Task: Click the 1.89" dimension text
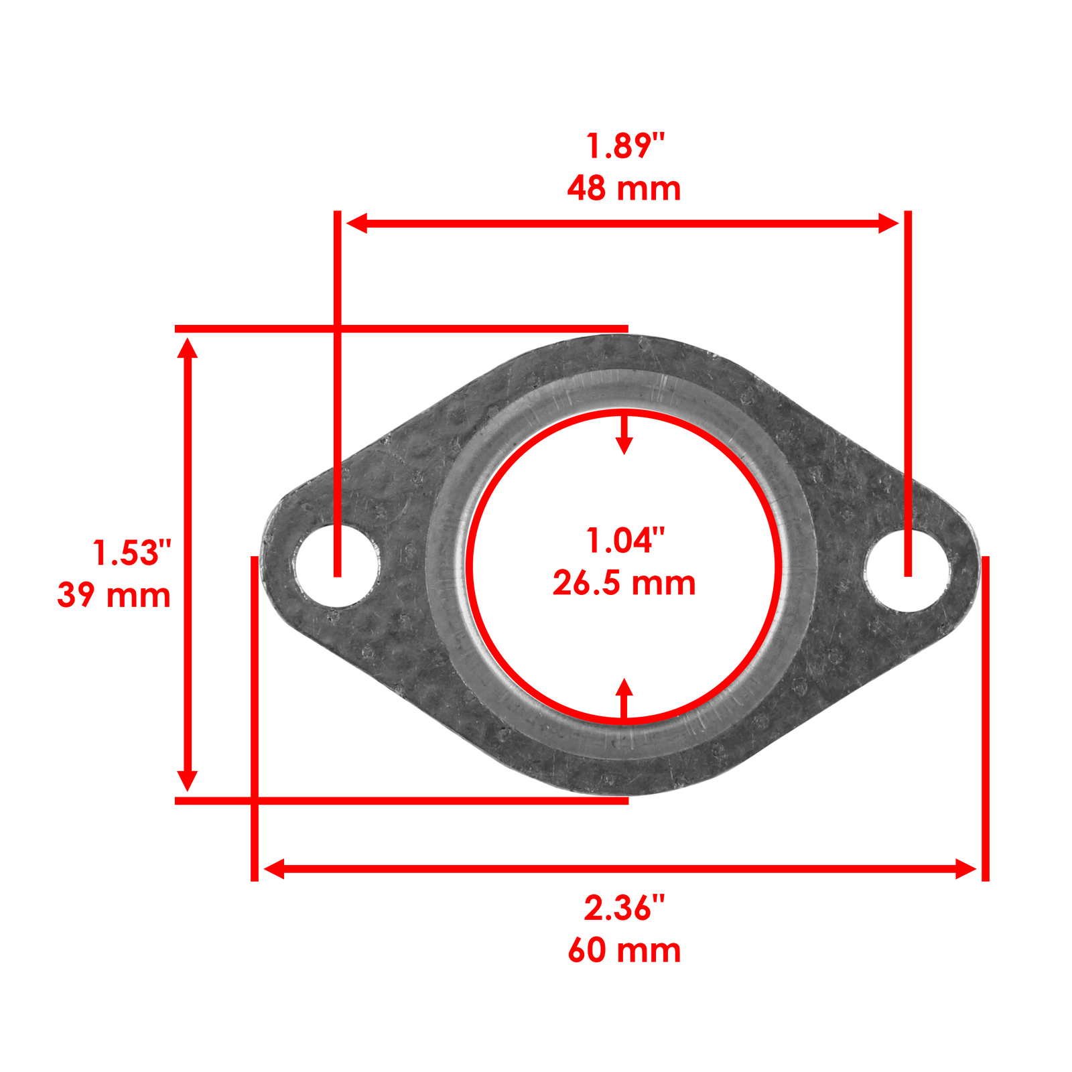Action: point(624,146)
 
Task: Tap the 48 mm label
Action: point(624,189)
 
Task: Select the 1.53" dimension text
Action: point(131,553)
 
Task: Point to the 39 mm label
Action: point(114,596)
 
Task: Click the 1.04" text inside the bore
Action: point(624,541)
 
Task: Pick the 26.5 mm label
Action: point(624,584)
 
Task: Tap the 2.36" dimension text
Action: point(624,909)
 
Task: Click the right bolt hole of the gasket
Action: point(908,570)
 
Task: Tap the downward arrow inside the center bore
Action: point(624,442)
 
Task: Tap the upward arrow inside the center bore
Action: point(624,690)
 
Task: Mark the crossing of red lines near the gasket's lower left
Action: point(255,800)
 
